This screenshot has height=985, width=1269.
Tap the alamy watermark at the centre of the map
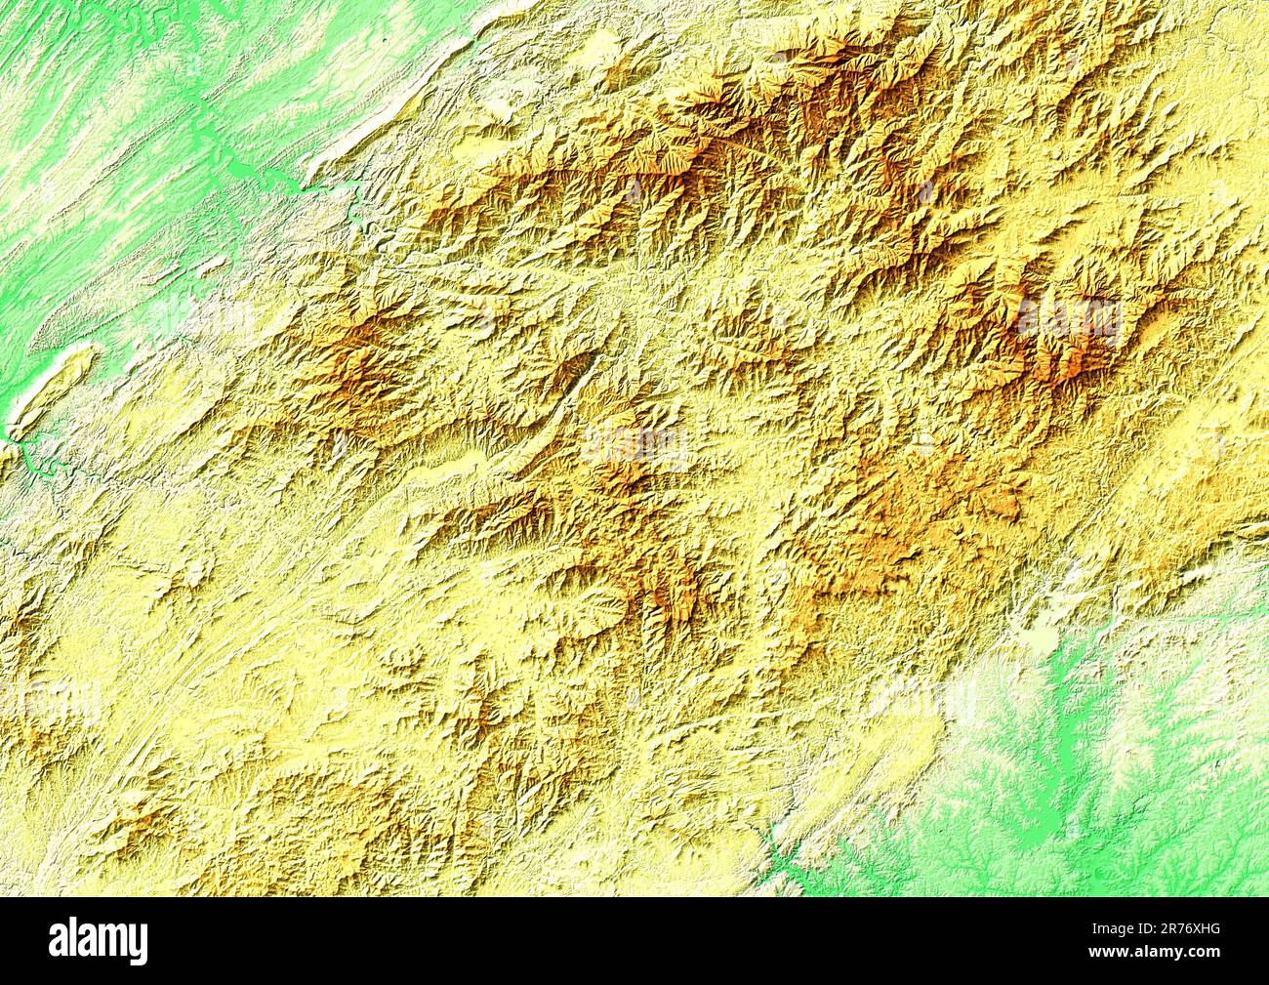634,444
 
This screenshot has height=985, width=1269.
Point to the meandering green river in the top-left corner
146,39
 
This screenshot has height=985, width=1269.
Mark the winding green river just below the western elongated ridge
39,459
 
